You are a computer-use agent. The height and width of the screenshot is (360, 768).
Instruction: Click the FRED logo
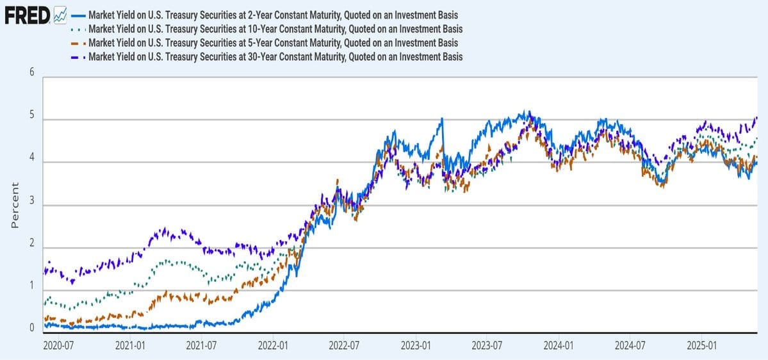[27, 14]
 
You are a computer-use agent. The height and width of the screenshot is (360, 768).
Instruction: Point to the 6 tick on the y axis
[31, 72]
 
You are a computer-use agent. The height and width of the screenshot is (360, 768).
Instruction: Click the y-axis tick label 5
[31, 120]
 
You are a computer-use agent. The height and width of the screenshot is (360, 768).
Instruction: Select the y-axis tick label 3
[31, 206]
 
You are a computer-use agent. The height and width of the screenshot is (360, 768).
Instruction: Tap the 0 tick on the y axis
[31, 329]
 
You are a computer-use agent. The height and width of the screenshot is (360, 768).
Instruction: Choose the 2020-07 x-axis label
[58, 346]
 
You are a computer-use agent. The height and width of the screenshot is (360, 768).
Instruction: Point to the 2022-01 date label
[273, 346]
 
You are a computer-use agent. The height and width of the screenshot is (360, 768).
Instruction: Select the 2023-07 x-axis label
[487, 346]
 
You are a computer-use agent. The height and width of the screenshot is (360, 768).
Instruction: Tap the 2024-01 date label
[559, 346]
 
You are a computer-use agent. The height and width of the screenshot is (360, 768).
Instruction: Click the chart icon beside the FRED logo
[60, 14]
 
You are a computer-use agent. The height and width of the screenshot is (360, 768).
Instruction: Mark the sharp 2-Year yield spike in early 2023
[442, 119]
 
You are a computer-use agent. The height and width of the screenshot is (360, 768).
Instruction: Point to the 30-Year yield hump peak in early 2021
[164, 229]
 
